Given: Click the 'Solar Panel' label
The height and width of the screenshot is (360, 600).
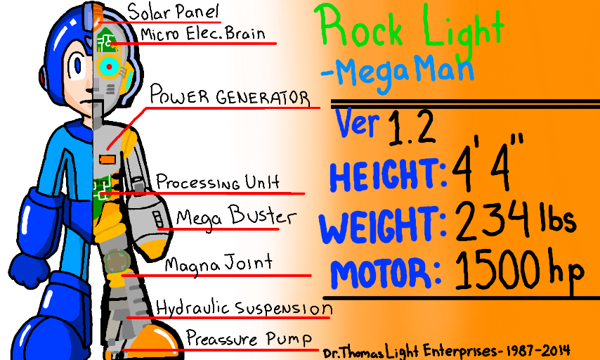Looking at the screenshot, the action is pyautogui.click(x=174, y=12).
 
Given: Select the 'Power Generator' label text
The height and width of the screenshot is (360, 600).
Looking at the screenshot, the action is pyautogui.click(x=230, y=96).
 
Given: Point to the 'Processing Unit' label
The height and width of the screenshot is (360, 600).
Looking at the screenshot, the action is pyautogui.click(x=216, y=182).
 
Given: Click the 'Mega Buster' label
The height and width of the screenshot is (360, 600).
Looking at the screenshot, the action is pyautogui.click(x=226, y=217).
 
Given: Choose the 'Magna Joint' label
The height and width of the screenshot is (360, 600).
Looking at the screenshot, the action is pyautogui.click(x=218, y=264).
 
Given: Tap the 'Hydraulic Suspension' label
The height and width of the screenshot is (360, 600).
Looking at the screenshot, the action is pyautogui.click(x=243, y=307).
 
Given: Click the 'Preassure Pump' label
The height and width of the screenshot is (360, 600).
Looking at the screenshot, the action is pyautogui.click(x=249, y=339).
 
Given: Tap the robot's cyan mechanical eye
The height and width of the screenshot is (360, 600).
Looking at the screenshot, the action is pyautogui.click(x=110, y=67).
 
